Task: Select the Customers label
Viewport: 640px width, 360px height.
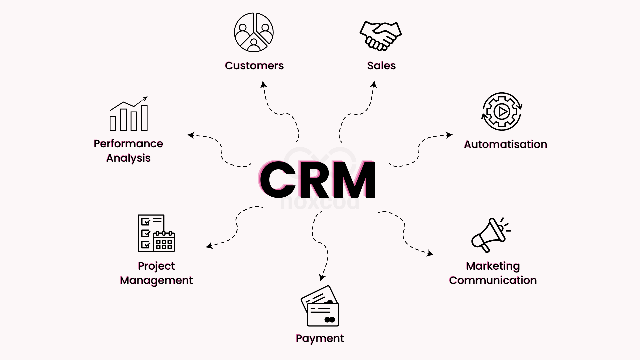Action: [x=254, y=66]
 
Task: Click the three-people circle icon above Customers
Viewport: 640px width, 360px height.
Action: [x=254, y=32]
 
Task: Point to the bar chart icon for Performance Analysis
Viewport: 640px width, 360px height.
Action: [x=129, y=114]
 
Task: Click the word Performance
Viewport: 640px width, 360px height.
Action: [x=128, y=144]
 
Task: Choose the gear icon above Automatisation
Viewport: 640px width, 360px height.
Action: [x=502, y=111]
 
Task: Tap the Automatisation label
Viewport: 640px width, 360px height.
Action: [x=505, y=144]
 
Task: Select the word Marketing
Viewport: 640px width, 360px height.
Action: [x=493, y=266]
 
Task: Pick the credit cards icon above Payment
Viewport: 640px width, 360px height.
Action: [x=320, y=306]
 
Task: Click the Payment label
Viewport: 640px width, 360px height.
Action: [x=320, y=338]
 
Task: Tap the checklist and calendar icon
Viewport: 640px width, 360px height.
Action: [x=156, y=233]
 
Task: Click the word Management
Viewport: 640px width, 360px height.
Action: [x=156, y=280]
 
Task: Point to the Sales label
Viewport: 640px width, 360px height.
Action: [x=381, y=66]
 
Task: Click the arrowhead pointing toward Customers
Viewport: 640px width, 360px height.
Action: [x=264, y=84]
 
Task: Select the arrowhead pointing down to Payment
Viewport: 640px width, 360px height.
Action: [x=322, y=277]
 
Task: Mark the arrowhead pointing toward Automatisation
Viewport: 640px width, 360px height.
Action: [x=449, y=135]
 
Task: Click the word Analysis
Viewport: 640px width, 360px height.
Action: [x=128, y=158]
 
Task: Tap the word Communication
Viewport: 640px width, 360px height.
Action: [x=493, y=280]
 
